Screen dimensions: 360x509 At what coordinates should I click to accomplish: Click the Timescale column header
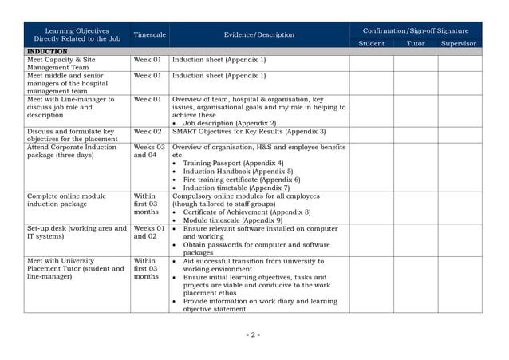tap(150, 35)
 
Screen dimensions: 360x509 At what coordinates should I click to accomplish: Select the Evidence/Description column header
tap(259, 35)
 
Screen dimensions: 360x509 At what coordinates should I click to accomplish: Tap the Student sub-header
tap(371, 44)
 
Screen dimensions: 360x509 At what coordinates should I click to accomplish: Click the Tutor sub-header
tap(416, 44)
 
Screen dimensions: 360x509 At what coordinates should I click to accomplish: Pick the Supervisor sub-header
tap(458, 44)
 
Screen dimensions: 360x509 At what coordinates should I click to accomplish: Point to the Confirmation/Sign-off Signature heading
tap(415, 30)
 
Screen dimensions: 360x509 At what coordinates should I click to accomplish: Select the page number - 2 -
tap(253, 334)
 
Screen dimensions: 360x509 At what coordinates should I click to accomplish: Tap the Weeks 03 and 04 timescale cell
tap(149, 152)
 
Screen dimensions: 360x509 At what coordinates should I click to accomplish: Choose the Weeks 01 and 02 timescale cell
tap(149, 232)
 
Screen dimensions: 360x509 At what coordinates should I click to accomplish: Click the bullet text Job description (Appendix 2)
tap(230, 123)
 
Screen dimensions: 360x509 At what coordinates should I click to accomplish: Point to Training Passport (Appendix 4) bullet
tap(233, 163)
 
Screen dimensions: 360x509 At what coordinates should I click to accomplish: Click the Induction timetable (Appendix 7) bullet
tap(236, 188)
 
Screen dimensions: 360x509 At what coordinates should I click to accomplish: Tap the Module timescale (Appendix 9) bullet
tap(232, 220)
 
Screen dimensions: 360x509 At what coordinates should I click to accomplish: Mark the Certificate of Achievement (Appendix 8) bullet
tap(247, 212)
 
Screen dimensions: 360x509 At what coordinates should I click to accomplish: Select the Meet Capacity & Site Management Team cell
tap(61, 64)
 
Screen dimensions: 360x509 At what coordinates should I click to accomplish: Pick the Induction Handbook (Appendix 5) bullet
tap(238, 172)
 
